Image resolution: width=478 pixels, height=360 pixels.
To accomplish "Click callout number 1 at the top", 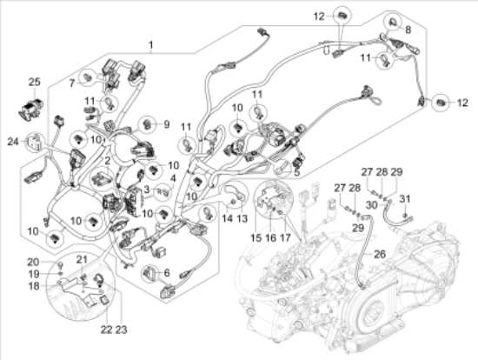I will pyautogui.click(x=150, y=44).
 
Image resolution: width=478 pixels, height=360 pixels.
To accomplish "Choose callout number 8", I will pyautogui.click(x=408, y=29).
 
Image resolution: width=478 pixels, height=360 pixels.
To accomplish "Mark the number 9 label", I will pyautogui.click(x=167, y=123).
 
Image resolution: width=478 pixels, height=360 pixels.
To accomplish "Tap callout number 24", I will pyautogui.click(x=13, y=141).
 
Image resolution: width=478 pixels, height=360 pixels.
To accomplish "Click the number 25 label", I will pyautogui.click(x=34, y=83).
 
